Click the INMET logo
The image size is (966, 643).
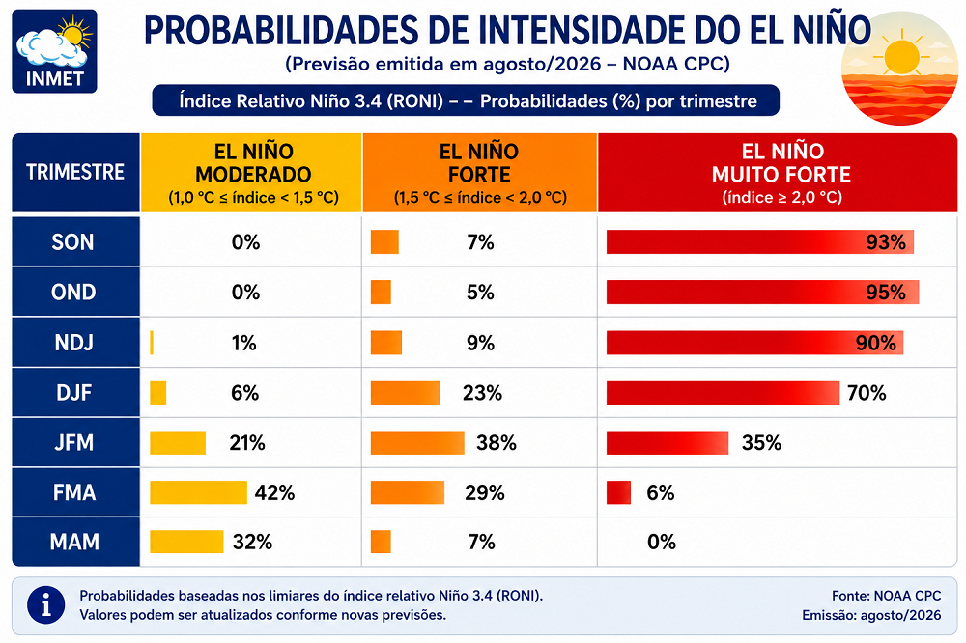click(54, 51)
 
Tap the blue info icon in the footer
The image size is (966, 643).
click(45, 604)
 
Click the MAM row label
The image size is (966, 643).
click(75, 542)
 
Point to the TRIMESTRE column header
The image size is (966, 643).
click(75, 173)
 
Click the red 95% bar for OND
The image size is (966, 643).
click(763, 292)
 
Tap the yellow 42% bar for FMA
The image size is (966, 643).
click(198, 492)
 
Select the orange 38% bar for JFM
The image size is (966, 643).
click(417, 443)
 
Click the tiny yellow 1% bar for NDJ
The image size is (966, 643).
click(152, 343)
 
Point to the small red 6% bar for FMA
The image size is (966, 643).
click(618, 492)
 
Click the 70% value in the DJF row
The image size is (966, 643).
click(867, 393)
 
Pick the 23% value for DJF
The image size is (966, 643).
click(482, 393)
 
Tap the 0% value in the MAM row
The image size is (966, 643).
click(662, 542)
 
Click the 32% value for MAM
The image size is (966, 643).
click(252, 542)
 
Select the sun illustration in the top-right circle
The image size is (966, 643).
click(901, 57)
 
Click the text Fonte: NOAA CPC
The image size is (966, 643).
click(887, 596)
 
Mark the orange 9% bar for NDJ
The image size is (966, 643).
click(386, 343)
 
